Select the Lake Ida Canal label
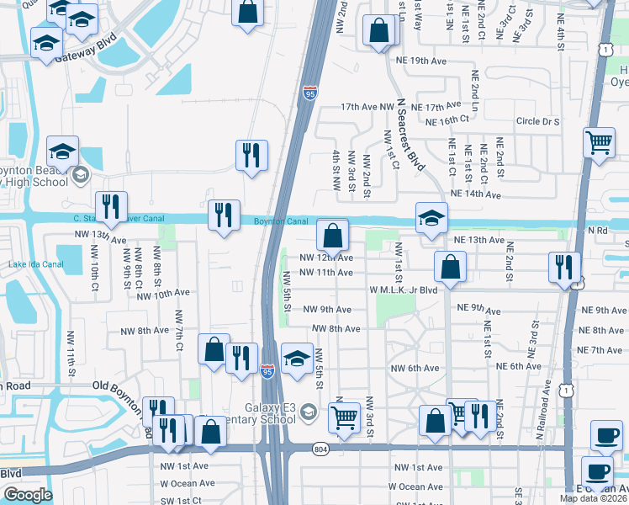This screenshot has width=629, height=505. pos(36,265)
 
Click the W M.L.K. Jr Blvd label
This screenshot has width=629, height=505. pos(404,290)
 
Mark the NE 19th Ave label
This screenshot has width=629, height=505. pos(440,61)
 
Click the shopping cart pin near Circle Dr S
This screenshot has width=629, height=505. pos(600,143)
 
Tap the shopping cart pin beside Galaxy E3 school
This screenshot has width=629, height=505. pos(344,417)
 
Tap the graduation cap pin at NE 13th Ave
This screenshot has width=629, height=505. pos(431,218)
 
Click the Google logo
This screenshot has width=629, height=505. pos(28,495)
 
